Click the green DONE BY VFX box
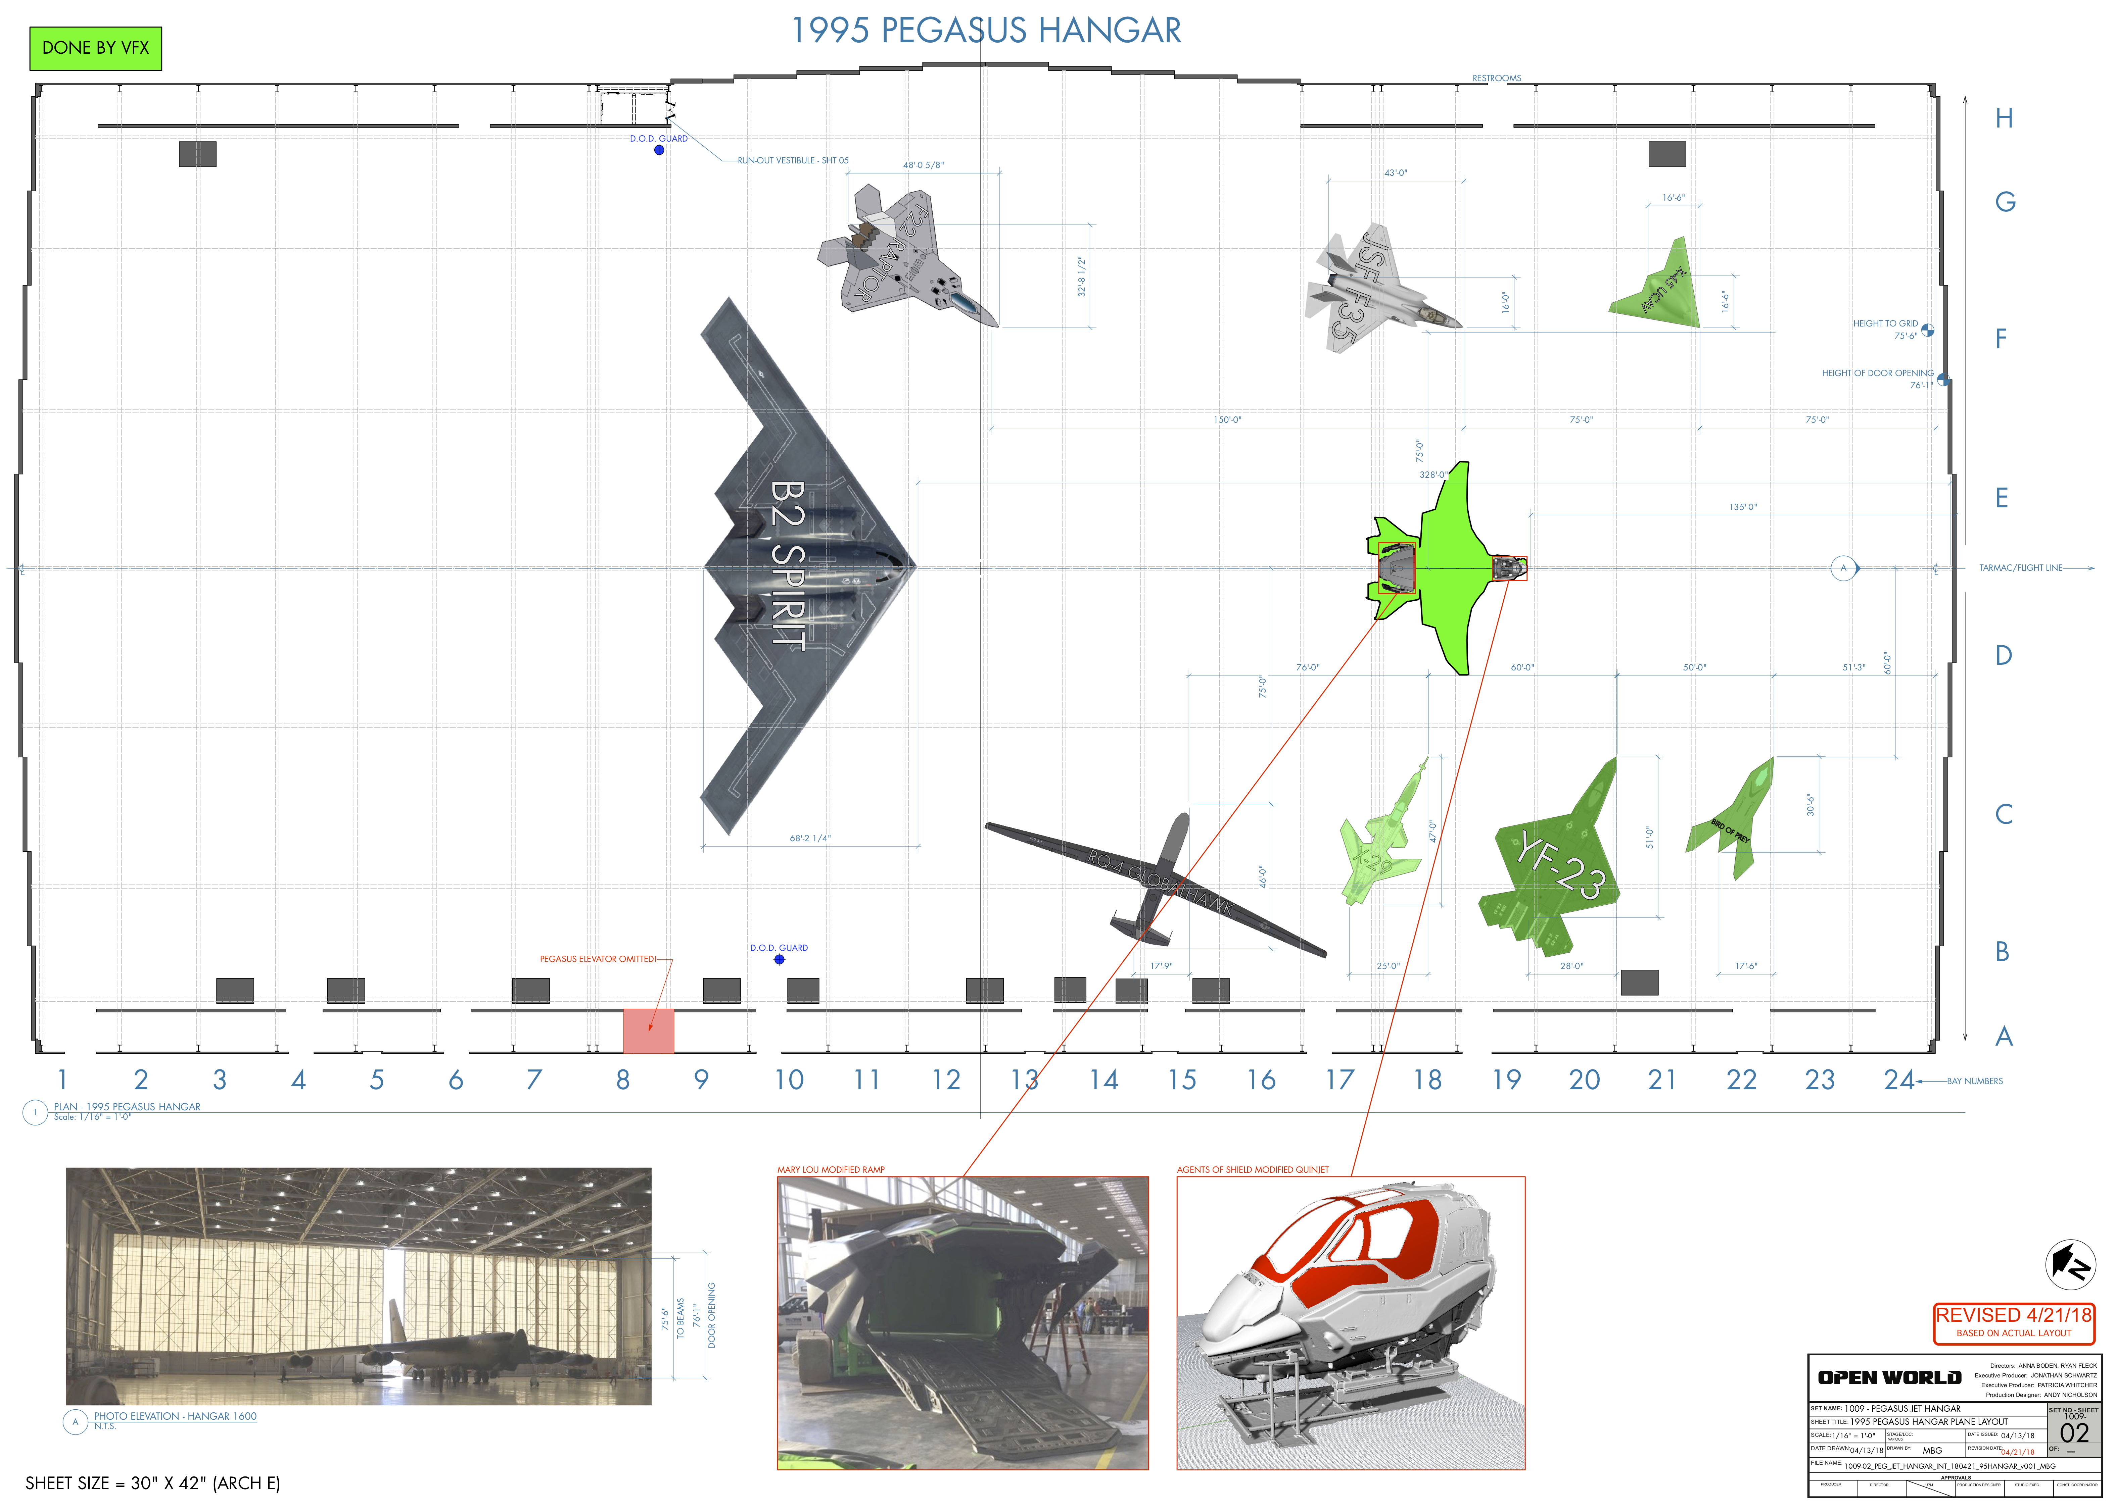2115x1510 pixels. (96, 48)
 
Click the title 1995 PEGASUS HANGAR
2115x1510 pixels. (986, 31)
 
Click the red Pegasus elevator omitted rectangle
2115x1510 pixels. (648, 1030)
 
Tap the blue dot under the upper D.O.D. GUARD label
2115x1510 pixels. (659, 150)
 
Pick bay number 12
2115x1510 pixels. (946, 1079)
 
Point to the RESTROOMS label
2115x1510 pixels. (1497, 78)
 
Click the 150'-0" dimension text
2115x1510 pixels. (1227, 420)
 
